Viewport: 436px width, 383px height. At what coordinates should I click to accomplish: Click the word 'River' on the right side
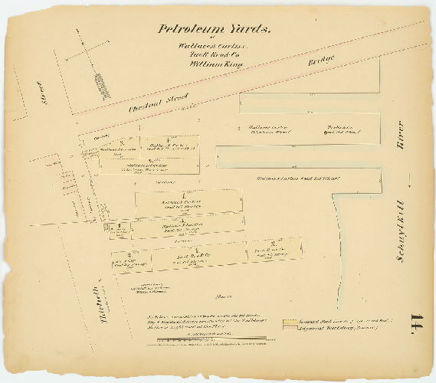click(399, 133)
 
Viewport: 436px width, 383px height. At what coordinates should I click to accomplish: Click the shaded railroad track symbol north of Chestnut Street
click(102, 84)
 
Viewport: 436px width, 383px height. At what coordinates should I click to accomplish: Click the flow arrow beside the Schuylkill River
click(410, 182)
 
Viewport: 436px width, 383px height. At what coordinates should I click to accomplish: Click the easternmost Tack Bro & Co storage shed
click(273, 250)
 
